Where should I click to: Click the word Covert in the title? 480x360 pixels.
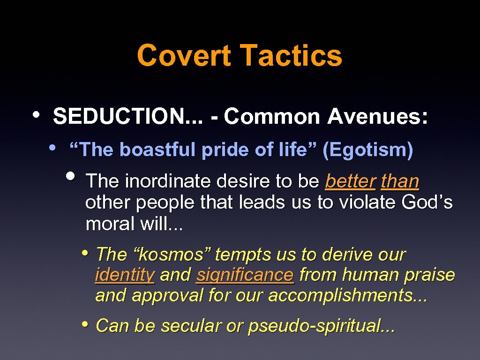coord(184,55)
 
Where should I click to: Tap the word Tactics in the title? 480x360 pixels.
coord(291,55)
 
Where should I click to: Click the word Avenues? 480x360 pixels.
coord(377,117)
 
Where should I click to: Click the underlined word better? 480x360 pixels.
coord(350,181)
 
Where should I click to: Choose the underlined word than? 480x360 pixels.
coord(400,181)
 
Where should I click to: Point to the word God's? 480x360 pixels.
coord(427,202)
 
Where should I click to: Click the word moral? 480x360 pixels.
coord(110,224)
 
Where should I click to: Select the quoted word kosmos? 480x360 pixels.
coord(172,255)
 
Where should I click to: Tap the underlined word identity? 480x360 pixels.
coord(125,275)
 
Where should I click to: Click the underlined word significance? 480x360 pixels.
coord(245,275)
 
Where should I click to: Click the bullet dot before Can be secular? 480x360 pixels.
coord(85,323)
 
